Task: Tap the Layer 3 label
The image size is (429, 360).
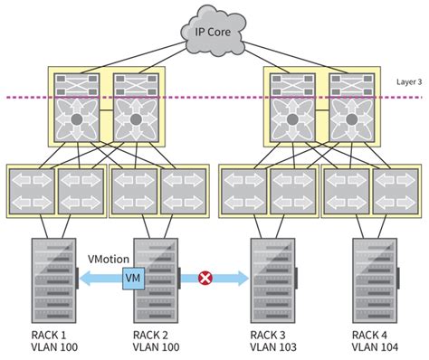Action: [x=408, y=81]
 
